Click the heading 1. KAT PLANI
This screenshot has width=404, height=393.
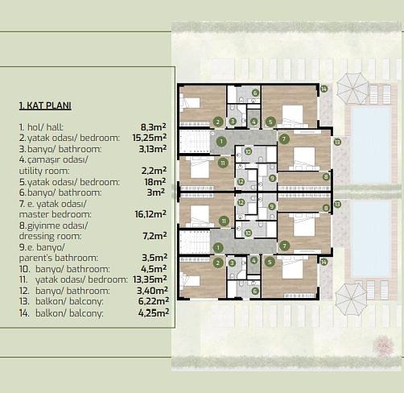click(45, 105)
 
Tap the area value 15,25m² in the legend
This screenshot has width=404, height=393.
click(150, 138)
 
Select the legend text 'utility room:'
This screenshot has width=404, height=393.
click(44, 171)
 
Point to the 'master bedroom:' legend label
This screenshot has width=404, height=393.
click(55, 214)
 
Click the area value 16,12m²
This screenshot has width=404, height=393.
click(150, 214)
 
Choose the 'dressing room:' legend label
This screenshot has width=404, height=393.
click(50, 236)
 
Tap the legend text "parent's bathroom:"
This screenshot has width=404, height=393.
click(59, 258)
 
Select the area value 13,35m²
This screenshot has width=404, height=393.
click(150, 279)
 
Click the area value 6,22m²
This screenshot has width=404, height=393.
click(154, 301)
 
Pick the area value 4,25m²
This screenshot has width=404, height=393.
click(154, 312)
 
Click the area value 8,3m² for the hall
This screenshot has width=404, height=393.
click(153, 126)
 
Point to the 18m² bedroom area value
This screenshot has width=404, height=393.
click(155, 182)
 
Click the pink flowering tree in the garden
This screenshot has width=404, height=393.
click(383, 345)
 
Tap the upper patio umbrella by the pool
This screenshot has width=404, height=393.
click(352, 89)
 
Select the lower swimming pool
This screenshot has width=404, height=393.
click(371, 238)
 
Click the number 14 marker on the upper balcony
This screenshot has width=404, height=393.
click(324, 89)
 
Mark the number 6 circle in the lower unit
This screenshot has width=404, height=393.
click(255, 291)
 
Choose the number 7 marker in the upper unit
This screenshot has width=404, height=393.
click(284, 139)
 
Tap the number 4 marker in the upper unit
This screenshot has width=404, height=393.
click(254, 122)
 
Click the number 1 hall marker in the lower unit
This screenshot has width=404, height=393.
click(218, 247)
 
